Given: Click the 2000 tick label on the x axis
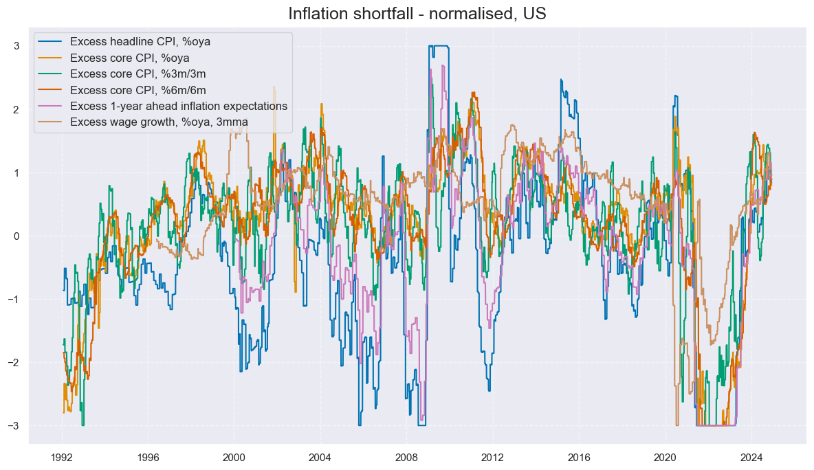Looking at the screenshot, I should [x=234, y=458].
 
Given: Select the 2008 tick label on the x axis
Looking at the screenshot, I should [x=406, y=458].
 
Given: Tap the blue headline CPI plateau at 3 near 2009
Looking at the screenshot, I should [x=439, y=46].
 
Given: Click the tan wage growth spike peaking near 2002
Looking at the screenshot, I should [x=274, y=88].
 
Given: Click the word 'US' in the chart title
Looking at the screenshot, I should [x=535, y=13].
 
